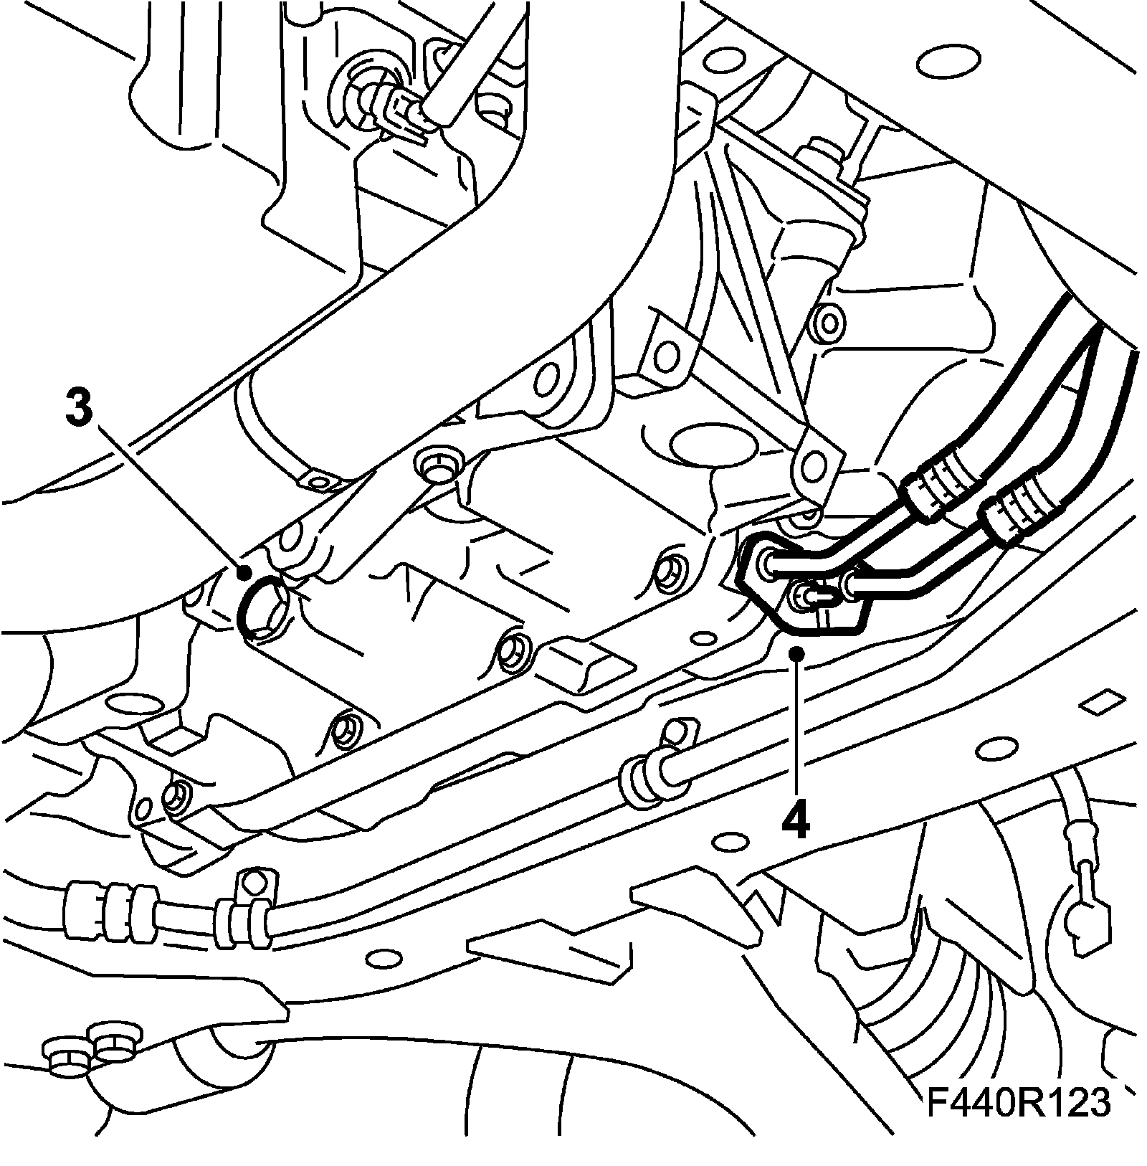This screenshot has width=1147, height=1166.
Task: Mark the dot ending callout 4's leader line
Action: coord(795,651)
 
